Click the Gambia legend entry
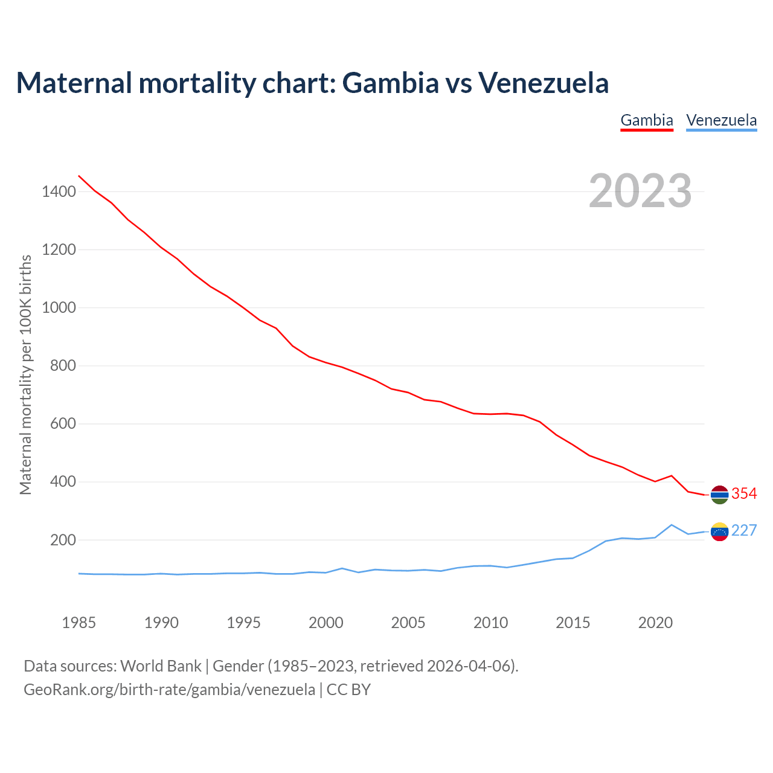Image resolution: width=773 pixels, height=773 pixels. coord(647,120)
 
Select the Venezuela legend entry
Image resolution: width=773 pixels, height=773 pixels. coord(721,120)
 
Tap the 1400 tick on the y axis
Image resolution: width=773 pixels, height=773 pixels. coord(59,192)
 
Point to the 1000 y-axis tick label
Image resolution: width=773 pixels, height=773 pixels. coord(59,308)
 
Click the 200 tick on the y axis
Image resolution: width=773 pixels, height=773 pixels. coord(63,540)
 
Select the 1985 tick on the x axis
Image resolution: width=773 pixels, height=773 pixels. coord(79,623)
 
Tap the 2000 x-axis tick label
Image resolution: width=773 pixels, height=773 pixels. coord(326,623)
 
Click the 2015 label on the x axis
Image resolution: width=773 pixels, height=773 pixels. coord(573,623)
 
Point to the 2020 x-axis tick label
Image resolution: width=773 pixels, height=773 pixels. coord(655,623)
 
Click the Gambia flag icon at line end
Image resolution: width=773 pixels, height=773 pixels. coord(719,495)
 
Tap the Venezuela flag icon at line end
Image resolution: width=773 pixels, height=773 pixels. coord(719,531)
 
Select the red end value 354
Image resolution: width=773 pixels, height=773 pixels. coord(744,494)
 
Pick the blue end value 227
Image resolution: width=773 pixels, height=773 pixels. coord(744,531)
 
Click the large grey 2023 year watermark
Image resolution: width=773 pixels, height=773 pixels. coord(640,191)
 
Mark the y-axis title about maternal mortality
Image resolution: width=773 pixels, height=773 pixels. coord(25,374)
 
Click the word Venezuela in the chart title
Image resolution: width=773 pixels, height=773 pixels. coord(544,83)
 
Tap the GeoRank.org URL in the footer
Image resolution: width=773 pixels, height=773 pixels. coord(169,689)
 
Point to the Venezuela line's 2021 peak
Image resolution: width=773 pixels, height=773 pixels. coord(672,525)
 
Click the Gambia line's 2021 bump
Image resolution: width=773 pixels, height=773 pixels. coord(672,476)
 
